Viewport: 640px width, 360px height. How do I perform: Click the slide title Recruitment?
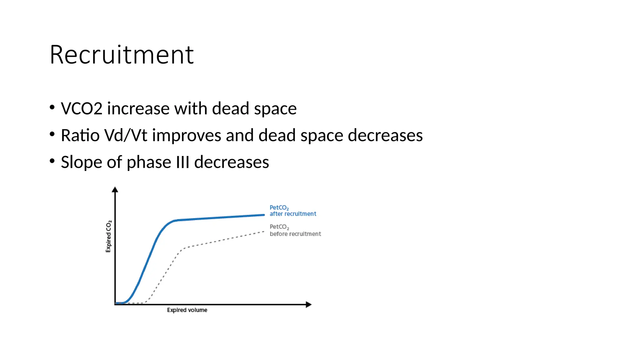122,55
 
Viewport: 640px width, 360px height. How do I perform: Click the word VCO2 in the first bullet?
82,109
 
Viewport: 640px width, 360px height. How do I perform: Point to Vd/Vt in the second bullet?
126,136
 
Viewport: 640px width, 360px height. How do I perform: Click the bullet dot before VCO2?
52,107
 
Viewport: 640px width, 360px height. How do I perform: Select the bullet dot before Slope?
52,161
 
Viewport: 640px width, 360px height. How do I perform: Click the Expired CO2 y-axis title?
108,236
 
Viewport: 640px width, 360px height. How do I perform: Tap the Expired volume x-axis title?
187,310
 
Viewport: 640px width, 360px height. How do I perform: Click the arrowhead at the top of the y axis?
115,189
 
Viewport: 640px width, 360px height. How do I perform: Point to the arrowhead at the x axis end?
308,304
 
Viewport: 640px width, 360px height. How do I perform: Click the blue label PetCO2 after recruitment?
292,211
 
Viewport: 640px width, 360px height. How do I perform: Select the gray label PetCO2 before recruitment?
295,230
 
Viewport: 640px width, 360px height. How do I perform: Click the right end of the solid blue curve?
264,215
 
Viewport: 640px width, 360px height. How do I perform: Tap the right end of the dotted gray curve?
264,232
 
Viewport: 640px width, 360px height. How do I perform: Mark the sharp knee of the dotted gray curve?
182,249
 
